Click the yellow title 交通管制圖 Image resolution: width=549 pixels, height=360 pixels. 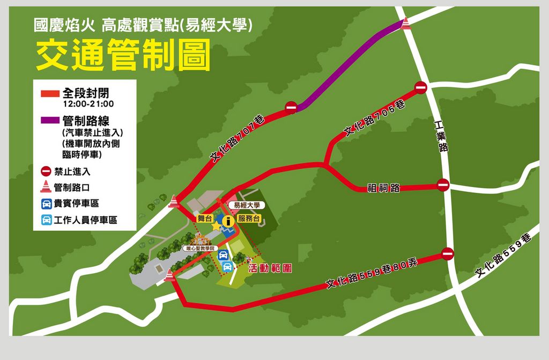tap(123, 56)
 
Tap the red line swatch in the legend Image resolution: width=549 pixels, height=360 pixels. tap(50, 94)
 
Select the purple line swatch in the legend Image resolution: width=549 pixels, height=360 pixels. tap(50, 122)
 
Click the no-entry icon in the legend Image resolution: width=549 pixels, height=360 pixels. tap(46, 171)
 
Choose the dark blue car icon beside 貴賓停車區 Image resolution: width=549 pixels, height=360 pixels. tap(47, 204)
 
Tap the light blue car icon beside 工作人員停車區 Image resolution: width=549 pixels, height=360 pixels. tap(47, 220)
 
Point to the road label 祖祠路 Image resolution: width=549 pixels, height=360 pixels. tap(384, 187)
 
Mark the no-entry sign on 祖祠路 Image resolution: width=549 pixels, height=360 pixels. tap(443, 185)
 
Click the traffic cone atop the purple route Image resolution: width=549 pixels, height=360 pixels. tap(406, 23)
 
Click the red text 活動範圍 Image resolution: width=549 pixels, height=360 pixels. tap(270, 267)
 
